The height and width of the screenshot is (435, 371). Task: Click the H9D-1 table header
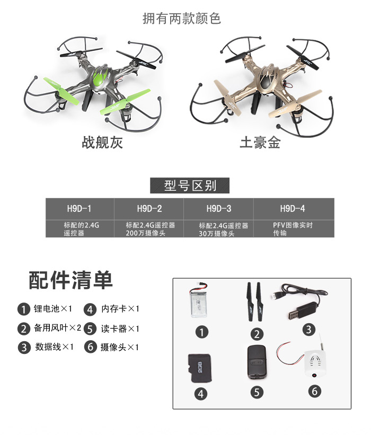[79, 209]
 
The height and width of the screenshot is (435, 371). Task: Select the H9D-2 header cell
[149, 209]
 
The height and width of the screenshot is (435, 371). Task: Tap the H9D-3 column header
[219, 209]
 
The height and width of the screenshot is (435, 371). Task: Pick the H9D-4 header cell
[294, 209]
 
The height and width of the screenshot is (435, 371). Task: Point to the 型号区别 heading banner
[190, 185]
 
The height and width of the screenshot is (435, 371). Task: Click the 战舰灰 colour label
[102, 143]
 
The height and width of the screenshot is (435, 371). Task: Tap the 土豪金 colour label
[260, 143]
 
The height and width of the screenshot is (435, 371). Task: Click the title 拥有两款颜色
[182, 19]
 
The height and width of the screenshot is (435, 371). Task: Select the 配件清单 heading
[71, 280]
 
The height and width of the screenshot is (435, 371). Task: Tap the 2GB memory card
[200, 368]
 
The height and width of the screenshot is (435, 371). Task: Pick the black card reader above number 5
[257, 362]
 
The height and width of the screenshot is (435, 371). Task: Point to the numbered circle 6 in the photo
[314, 391]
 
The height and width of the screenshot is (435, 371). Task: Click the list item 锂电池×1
[45, 309]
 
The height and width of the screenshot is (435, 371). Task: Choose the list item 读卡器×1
[111, 329]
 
